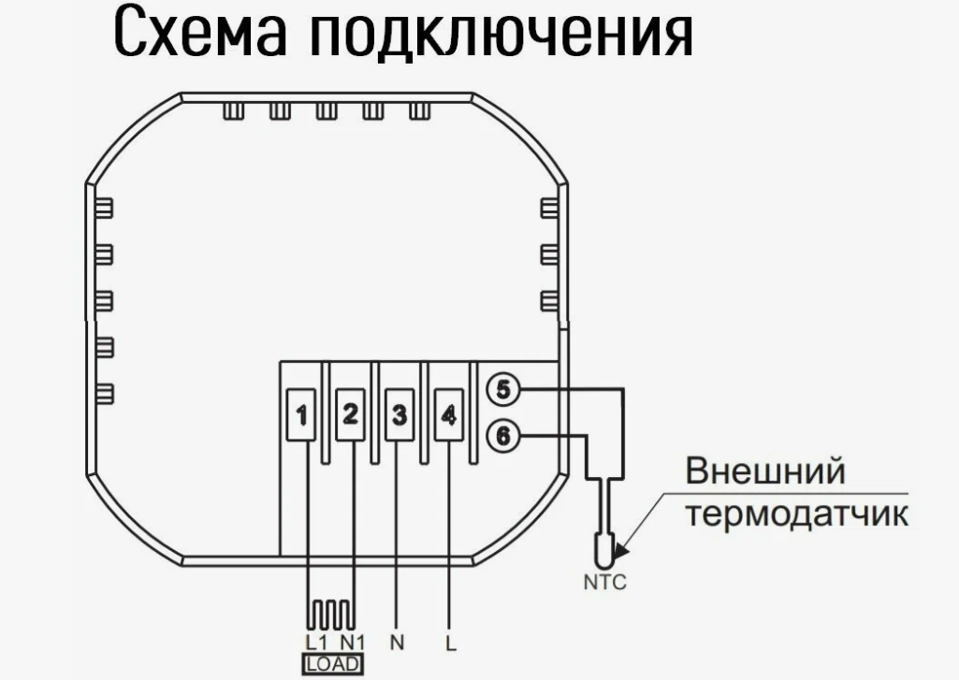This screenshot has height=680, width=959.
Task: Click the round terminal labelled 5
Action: [x=503, y=391]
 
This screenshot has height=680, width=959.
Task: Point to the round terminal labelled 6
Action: [x=503, y=435]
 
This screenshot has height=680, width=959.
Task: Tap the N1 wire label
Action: [x=352, y=643]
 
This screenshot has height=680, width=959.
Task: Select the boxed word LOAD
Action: [x=332, y=665]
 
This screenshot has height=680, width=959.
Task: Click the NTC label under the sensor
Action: [x=605, y=584]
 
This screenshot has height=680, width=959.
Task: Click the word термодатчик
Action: [x=797, y=514]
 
